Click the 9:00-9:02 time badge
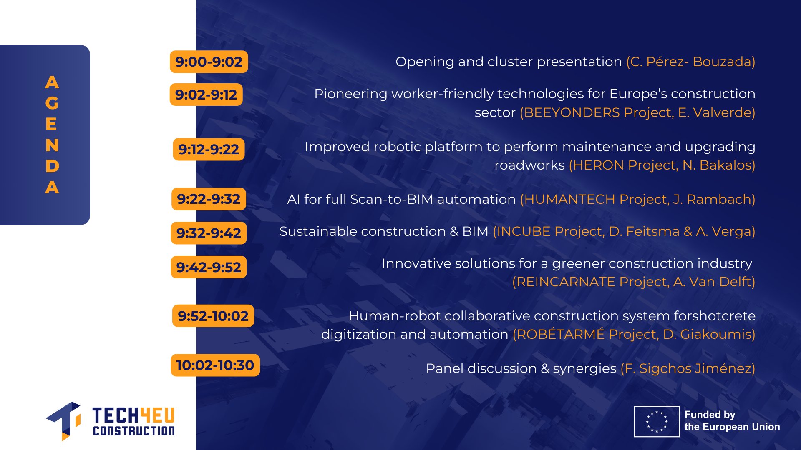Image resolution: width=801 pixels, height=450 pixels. click(x=209, y=62)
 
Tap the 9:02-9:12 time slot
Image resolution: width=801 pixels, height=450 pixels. click(x=206, y=95)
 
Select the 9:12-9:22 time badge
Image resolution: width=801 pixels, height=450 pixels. click(x=209, y=149)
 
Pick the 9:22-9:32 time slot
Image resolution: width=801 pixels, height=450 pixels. click(x=209, y=199)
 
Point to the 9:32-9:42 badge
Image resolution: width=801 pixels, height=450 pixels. click(x=209, y=233)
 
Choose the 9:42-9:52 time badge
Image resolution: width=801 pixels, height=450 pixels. click(x=209, y=267)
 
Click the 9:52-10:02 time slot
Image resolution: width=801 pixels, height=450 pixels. click(x=213, y=316)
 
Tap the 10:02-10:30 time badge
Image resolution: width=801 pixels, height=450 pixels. click(x=215, y=365)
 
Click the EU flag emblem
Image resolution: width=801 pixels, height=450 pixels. click(x=657, y=421)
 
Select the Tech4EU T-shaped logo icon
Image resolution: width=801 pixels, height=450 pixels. click(x=64, y=420)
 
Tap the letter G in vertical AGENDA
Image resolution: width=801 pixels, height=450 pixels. click(x=52, y=103)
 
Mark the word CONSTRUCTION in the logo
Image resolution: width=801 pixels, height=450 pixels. click(x=134, y=431)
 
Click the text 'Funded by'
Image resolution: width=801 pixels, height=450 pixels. click(x=710, y=415)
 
